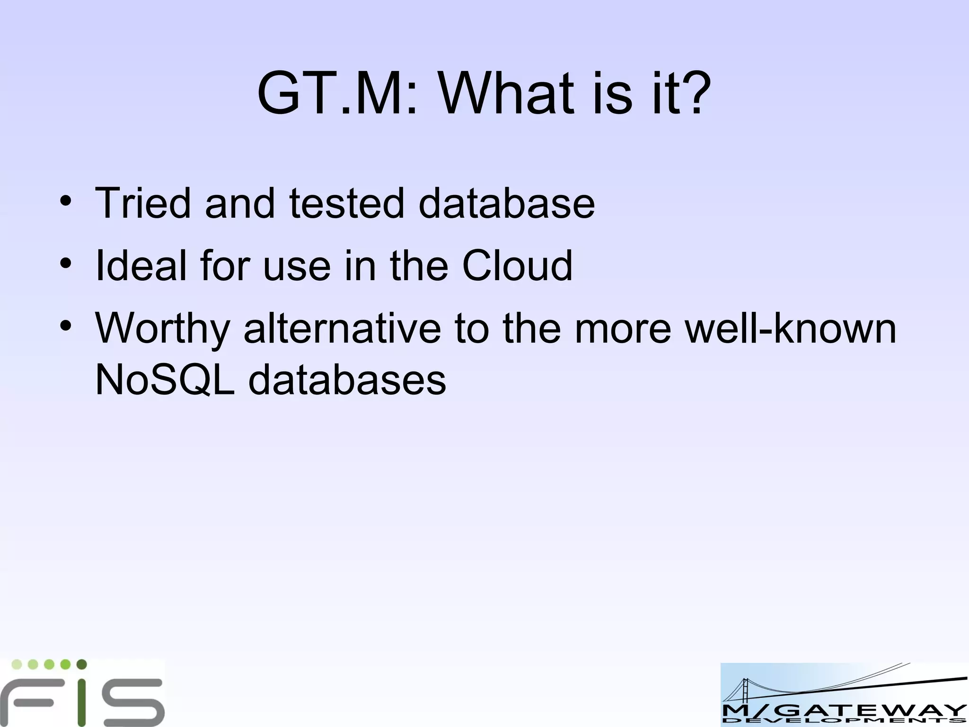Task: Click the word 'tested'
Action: pos(347,203)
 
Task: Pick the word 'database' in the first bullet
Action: pos(507,203)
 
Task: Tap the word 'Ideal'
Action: pos(141,266)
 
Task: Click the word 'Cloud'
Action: pos(517,266)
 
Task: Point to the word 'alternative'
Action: pos(342,328)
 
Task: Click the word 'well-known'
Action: pos(791,328)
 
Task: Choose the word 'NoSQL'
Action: pos(165,380)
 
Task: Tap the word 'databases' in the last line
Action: pos(347,380)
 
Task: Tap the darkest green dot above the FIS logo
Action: pos(81,665)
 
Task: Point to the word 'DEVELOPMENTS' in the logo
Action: pos(844,721)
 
